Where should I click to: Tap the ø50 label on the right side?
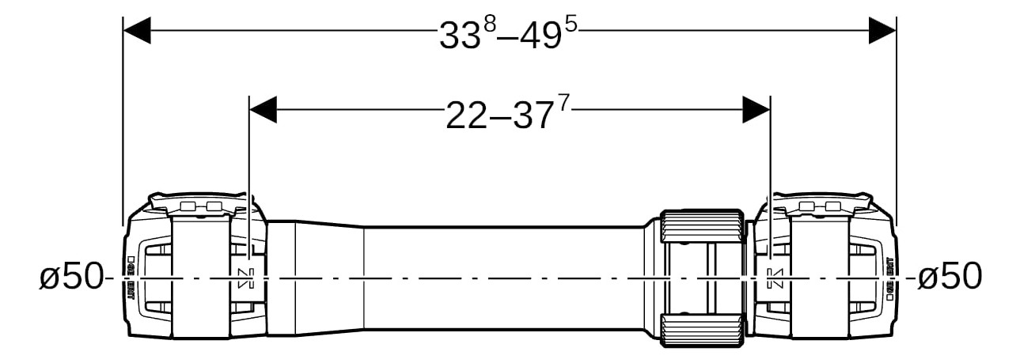pyautogui.click(x=950, y=277)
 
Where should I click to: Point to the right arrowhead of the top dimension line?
pyautogui.click(x=882, y=32)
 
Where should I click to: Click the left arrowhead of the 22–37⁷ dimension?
pyautogui.click(x=263, y=110)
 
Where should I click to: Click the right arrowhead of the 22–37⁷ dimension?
pyautogui.click(x=756, y=110)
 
